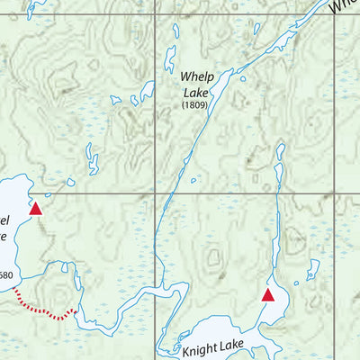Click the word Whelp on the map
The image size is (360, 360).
coord(194,77)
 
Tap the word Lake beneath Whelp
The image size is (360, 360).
coord(194,92)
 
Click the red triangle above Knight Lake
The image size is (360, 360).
coord(267,294)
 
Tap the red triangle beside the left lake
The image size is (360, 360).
coord(35,209)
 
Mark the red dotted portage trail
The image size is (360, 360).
coord(45,310)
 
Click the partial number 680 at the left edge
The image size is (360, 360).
coord(6,275)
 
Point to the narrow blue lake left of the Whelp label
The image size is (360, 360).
coord(170,59)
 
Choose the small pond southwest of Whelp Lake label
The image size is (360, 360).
coord(146,90)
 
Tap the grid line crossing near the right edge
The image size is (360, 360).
coord(334,193)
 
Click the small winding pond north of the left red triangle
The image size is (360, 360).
coord(92,162)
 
